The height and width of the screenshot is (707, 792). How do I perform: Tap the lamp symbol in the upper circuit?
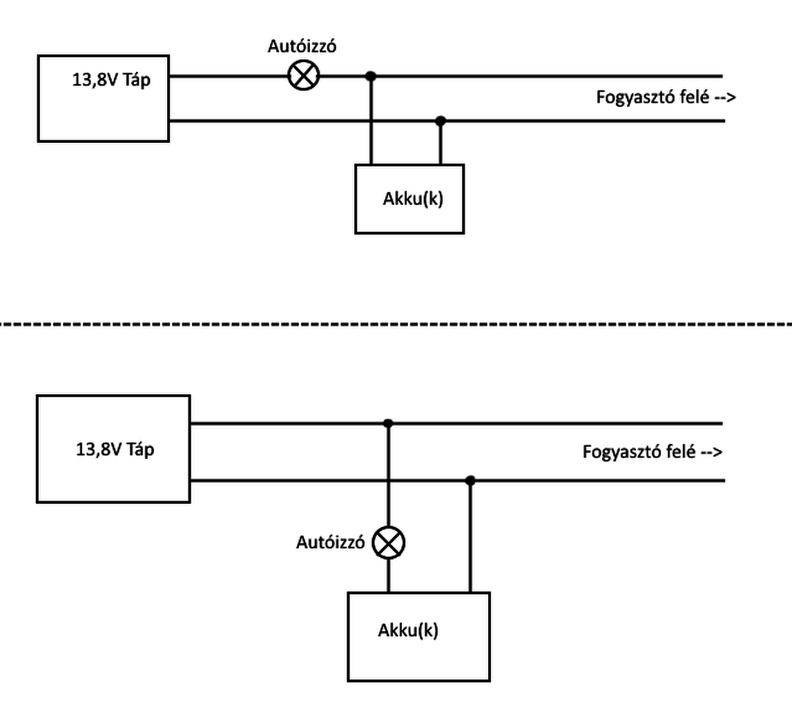pos(303,75)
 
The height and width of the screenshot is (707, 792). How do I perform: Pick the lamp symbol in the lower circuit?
pos(389,543)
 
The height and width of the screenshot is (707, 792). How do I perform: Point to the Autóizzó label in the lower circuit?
pos(330,543)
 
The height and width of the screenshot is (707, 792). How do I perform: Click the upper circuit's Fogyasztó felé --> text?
pos(666,97)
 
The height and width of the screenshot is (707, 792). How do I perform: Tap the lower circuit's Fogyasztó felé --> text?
pos(653,453)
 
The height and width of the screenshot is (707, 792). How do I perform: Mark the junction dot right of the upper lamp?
pos(371,75)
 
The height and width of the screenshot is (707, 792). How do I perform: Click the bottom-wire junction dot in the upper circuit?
pos(441,121)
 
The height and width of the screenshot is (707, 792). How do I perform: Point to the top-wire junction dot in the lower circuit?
pos(388,423)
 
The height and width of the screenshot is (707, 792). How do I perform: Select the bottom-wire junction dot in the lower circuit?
pos(470,480)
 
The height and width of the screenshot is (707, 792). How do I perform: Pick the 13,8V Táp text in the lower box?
pos(115,449)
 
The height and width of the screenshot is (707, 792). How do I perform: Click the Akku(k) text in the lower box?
pos(408,630)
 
